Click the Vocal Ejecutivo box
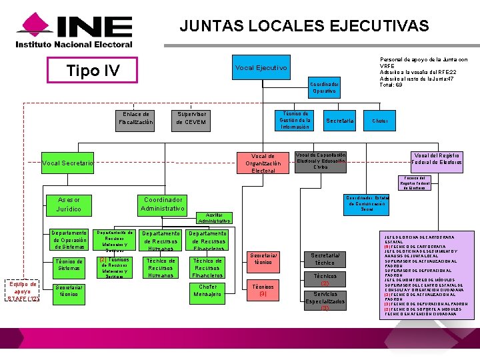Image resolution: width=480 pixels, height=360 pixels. [261, 68]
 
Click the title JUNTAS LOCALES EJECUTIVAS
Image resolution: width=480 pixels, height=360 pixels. [304, 26]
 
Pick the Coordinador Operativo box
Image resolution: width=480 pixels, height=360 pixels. [325, 87]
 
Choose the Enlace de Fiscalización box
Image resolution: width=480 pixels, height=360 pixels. [136, 118]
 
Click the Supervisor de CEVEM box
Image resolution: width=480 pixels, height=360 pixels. [191, 118]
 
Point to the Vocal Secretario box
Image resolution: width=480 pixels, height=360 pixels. [67, 163]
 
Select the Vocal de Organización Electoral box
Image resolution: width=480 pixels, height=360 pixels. [263, 163]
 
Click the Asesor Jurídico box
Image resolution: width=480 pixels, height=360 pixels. [69, 204]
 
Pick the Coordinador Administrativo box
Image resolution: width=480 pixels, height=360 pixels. [163, 204]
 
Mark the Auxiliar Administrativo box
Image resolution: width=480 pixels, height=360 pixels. [214, 218]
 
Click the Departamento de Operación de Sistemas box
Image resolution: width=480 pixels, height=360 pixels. [69, 240]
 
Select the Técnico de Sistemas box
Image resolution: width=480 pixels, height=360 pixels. [69, 265]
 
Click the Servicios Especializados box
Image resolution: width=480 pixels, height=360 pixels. [325, 301]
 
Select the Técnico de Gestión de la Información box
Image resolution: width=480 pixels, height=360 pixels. [295, 120]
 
